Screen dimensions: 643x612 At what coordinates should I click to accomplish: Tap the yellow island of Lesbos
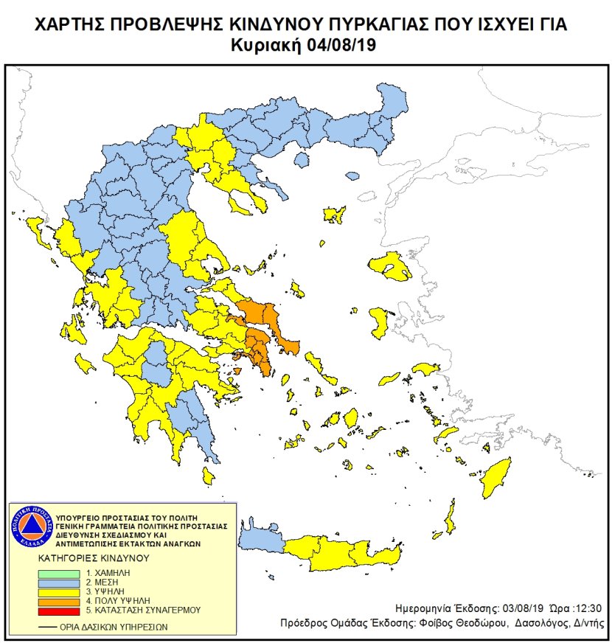[x=391, y=267]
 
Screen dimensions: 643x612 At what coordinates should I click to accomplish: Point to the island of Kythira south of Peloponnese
[x=209, y=479]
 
